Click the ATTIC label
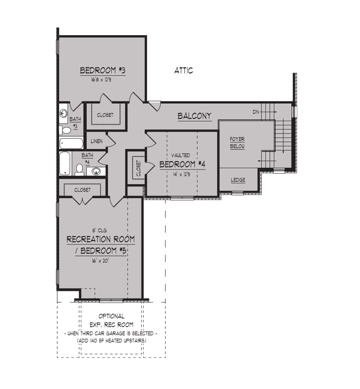pos(183,70)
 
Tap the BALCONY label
pos(195,116)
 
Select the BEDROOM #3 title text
pos(102,70)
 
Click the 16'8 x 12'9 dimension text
pos(102,80)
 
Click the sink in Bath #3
pos(63,114)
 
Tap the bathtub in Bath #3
pos(71,143)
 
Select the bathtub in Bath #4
pos(65,164)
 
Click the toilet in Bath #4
pos(79,170)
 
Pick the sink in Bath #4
pos(96,171)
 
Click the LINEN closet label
pos(97,141)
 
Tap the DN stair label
pos(256,112)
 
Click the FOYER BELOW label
pos(237,143)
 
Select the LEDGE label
pos(238,180)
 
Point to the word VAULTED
pos(180,155)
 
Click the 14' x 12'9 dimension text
pos(182,174)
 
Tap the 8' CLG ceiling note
pos(99,231)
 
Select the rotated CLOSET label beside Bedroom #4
pos(138,168)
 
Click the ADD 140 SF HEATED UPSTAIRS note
pos(111,341)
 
